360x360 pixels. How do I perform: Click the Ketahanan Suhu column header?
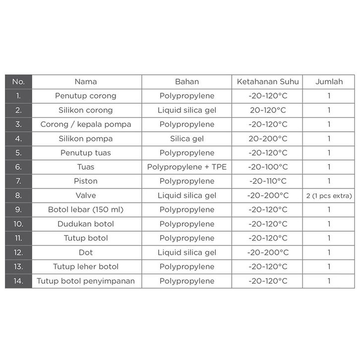(x=268, y=81)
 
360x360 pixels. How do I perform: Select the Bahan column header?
(x=187, y=81)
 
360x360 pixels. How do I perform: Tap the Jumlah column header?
(x=329, y=81)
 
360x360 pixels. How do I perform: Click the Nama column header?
(x=86, y=81)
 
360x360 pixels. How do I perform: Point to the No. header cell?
(x=18, y=81)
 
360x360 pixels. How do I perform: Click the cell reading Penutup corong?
(x=86, y=96)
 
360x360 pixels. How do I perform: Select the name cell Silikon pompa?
(x=86, y=139)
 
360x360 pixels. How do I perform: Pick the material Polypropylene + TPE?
(x=187, y=167)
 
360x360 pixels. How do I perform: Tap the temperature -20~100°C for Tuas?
(x=268, y=167)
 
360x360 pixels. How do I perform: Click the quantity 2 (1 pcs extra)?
(x=329, y=196)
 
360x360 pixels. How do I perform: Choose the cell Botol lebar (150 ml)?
(x=86, y=210)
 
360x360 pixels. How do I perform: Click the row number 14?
(x=18, y=281)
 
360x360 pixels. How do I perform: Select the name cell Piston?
(x=86, y=181)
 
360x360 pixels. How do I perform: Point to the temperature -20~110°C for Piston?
(x=268, y=181)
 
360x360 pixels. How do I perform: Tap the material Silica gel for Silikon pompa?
(x=187, y=139)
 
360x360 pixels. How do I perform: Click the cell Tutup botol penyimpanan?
(x=86, y=281)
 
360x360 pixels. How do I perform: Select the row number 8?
(x=18, y=196)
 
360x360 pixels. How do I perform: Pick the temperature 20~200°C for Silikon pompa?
(x=268, y=139)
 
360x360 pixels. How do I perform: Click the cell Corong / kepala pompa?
(x=86, y=124)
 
